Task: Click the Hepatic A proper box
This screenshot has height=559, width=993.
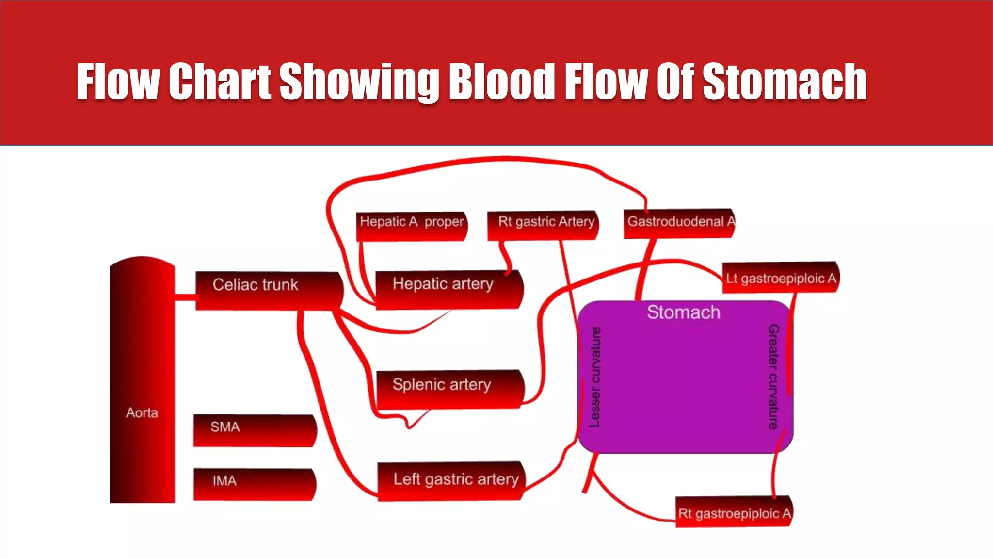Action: click(x=411, y=226)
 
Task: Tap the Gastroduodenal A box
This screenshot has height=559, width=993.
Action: click(x=679, y=223)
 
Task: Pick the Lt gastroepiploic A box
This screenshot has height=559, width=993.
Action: click(x=780, y=278)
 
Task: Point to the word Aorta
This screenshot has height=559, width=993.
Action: click(x=142, y=413)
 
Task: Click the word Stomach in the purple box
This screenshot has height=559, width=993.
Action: click(x=683, y=312)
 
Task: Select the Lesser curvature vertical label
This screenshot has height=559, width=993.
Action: click(x=595, y=377)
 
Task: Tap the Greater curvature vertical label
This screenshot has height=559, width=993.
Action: click(x=773, y=377)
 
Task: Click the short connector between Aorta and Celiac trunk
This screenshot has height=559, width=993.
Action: click(x=185, y=296)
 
